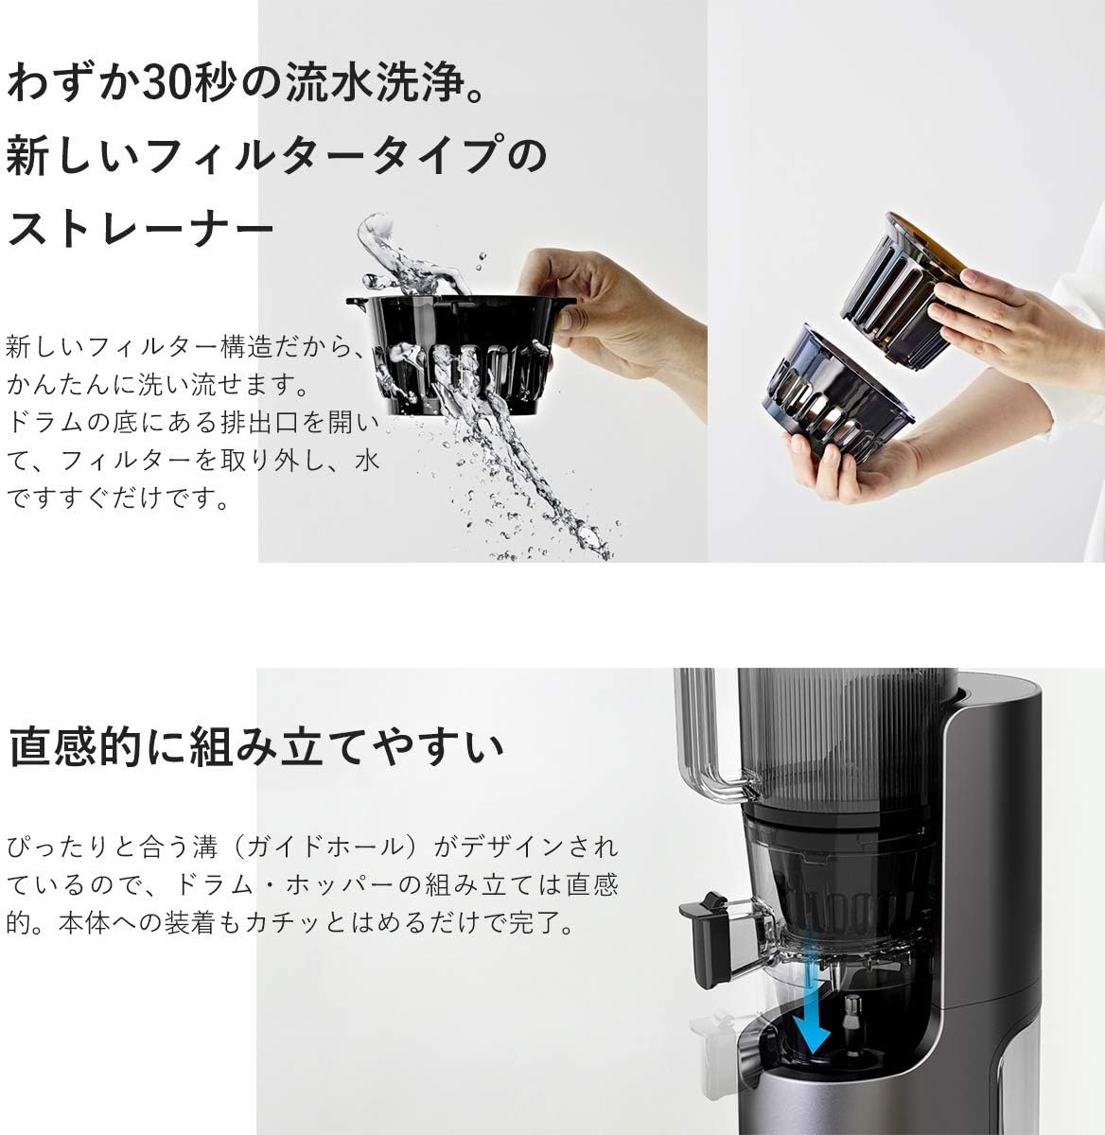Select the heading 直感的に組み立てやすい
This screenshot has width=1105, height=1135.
[255, 747]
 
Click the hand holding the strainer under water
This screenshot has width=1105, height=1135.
[615, 303]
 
